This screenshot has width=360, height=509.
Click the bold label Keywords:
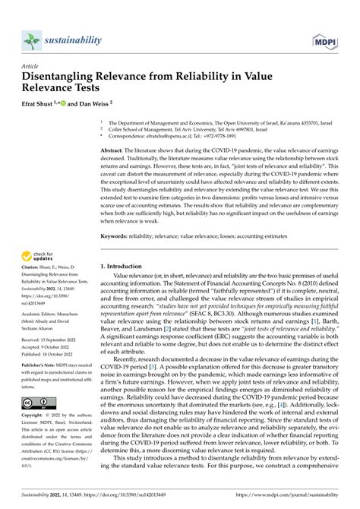(x=115, y=236)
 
